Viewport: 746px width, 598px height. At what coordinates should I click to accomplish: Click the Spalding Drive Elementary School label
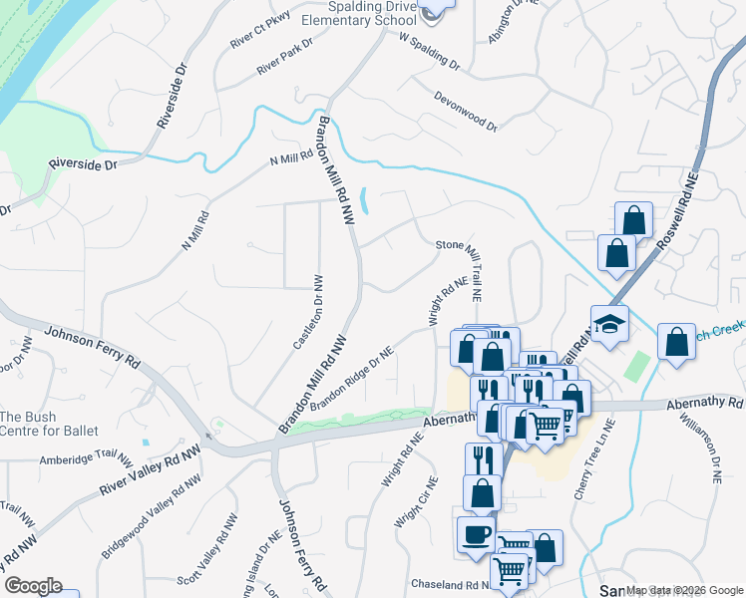pos(358,12)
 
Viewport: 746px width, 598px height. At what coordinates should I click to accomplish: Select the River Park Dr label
pos(284,59)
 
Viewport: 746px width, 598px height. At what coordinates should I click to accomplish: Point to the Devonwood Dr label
pos(465,111)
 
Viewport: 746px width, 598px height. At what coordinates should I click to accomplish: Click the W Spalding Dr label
pos(429,54)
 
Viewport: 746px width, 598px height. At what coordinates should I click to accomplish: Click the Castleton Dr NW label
pos(306,312)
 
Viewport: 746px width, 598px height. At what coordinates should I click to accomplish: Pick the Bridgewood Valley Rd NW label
pos(145,521)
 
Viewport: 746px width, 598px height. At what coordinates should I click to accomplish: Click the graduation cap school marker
pos(609,324)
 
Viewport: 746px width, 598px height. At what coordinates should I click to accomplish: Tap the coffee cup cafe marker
pos(476,533)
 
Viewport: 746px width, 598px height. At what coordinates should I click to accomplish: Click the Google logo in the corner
pos(33,586)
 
